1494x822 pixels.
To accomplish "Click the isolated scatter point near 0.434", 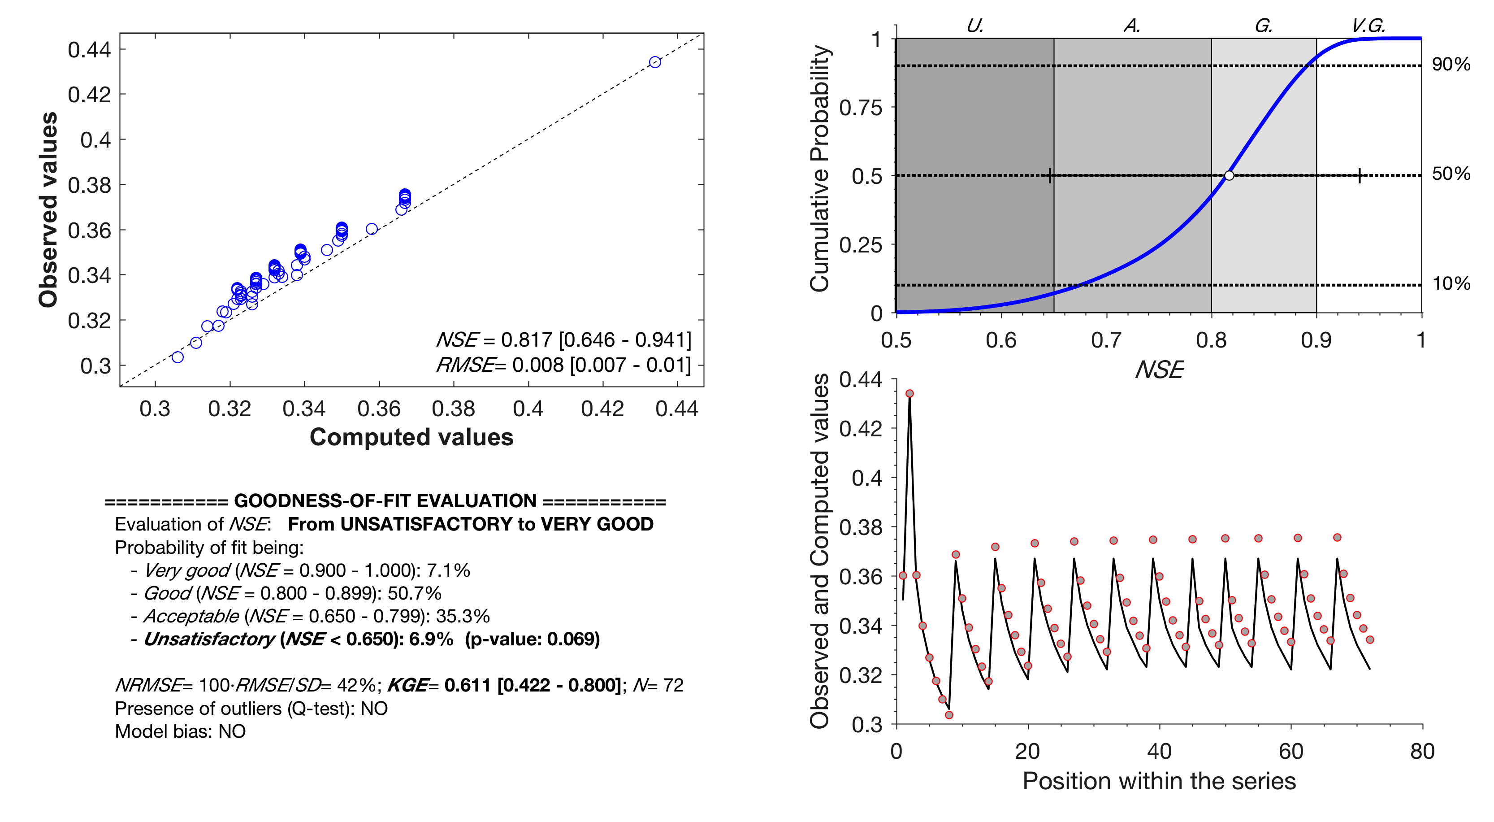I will (655, 62).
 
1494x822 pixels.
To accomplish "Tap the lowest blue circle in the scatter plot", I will (178, 357).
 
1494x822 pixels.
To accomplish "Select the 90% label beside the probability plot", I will (1451, 65).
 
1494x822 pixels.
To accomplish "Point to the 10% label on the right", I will (1451, 284).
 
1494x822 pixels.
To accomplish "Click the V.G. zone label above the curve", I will (1368, 26).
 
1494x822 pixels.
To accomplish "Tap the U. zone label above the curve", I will (975, 26).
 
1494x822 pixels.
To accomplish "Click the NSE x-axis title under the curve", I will (1159, 370).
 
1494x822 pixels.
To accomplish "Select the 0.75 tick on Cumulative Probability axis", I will (861, 108).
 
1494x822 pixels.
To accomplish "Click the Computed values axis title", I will (411, 437).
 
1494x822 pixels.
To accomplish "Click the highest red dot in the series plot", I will (909, 393).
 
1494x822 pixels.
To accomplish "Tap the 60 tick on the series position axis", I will (1291, 752).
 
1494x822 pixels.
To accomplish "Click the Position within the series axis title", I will (1159, 781).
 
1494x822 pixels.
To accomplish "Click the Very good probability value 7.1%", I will (448, 570).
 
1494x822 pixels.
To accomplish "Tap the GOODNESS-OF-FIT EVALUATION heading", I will (385, 500).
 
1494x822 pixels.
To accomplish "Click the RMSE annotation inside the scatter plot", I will (563, 365).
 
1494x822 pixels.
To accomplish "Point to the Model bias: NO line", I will (180, 731).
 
